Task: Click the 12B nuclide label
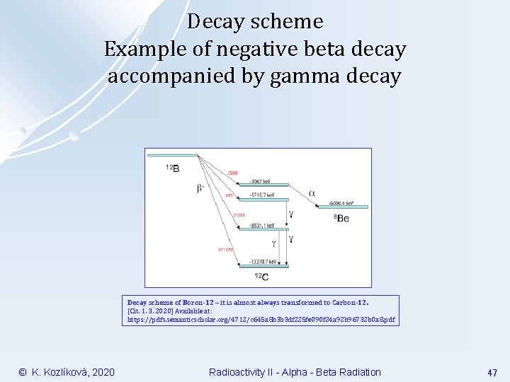(x=172, y=168)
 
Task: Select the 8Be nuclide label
(x=341, y=219)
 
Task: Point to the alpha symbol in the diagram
(x=312, y=192)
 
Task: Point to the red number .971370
(x=226, y=249)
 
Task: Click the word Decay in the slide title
(x=217, y=23)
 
